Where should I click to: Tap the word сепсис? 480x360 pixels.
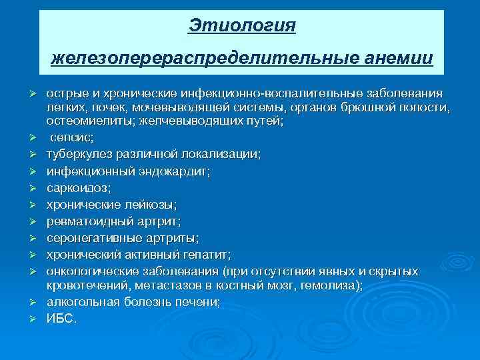(72, 138)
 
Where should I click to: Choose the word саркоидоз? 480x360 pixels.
(74, 187)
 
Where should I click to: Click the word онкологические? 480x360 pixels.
(90, 271)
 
